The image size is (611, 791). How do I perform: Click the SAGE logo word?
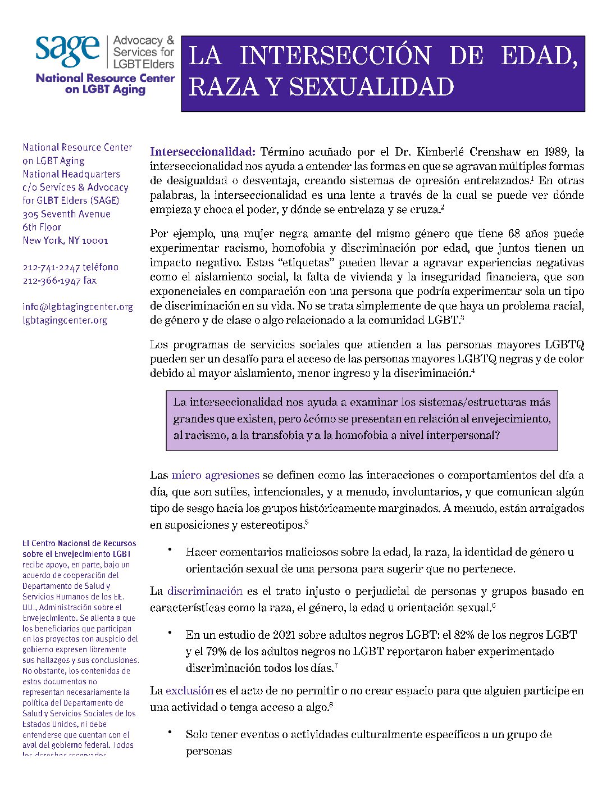point(67,51)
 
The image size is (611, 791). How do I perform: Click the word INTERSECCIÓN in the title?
point(335,56)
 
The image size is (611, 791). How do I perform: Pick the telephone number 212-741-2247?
point(52,267)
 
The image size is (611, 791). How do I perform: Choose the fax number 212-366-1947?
point(52,280)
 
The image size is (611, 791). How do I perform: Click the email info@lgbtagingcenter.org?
point(77,307)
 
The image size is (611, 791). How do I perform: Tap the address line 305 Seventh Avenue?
point(66,214)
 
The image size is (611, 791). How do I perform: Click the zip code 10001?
point(95,240)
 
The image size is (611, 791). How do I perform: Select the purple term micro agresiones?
point(215,475)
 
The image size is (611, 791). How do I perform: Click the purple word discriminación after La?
point(204,591)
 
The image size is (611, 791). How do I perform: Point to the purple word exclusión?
point(189,690)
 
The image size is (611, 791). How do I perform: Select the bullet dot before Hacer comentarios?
point(170,549)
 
